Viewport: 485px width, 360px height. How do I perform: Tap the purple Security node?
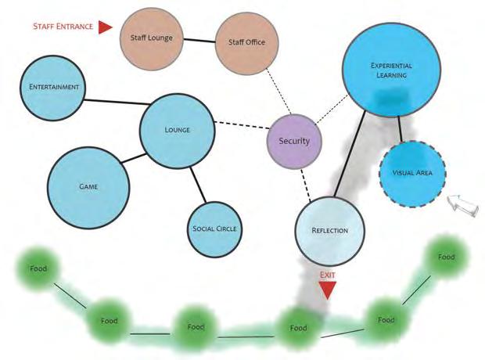pyautogui.click(x=294, y=141)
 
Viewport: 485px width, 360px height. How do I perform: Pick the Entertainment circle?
pyautogui.click(x=53, y=87)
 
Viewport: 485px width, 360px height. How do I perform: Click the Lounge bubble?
pyautogui.click(x=178, y=130)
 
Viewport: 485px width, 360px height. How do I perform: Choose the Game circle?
pyautogui.click(x=88, y=187)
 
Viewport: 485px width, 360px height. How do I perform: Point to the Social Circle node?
pyautogui.click(x=215, y=229)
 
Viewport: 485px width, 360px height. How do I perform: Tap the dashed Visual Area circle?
pyautogui.click(x=411, y=173)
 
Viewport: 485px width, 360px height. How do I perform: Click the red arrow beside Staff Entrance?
pyautogui.click(x=106, y=27)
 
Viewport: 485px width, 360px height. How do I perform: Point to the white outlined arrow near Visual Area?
pyautogui.click(x=460, y=206)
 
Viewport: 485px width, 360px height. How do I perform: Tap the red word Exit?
pyautogui.click(x=328, y=275)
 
